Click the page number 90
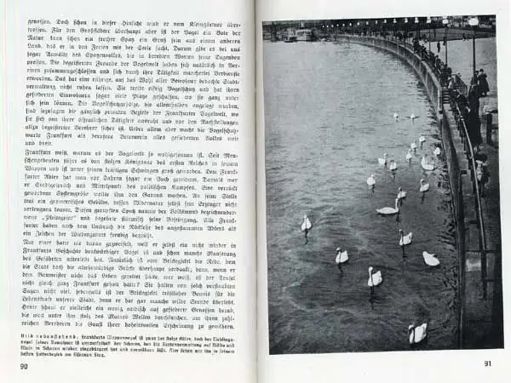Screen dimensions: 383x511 point(23,367)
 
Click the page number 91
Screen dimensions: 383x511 point(487,363)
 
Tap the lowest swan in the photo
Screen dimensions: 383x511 point(417,334)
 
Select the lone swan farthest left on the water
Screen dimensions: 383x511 point(306,224)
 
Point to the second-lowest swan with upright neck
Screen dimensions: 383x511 point(374,277)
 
